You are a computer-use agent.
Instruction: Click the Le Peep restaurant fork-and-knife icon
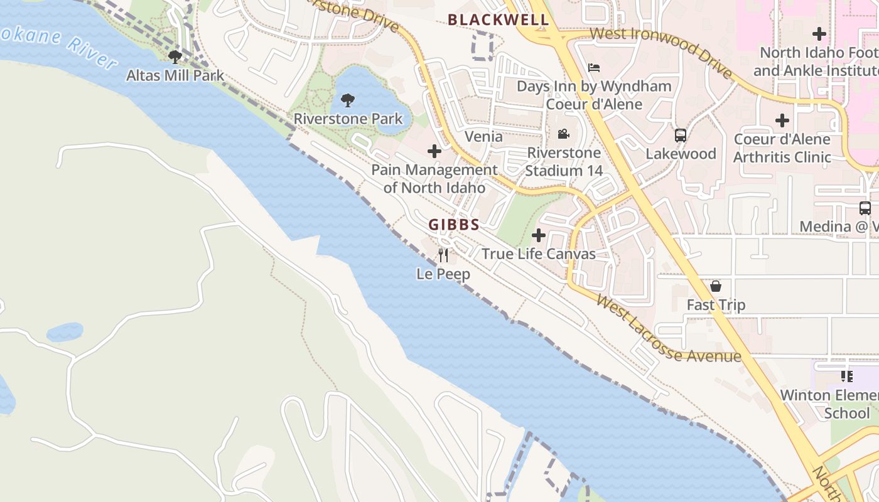[x=443, y=255]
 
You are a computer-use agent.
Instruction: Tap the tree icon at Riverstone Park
[x=347, y=100]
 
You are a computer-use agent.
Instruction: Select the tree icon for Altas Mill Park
[x=175, y=57]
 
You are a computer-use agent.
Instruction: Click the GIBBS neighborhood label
[x=454, y=225]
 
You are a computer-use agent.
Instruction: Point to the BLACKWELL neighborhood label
[x=499, y=20]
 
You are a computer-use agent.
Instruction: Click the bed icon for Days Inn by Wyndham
[x=593, y=67]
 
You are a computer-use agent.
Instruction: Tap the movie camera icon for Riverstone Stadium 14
[x=563, y=134]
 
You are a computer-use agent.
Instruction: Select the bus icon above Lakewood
[x=680, y=135]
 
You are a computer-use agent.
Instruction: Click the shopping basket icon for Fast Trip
[x=715, y=286]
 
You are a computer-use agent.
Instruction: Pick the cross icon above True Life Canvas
[x=538, y=235]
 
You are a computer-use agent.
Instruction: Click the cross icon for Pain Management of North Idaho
[x=434, y=151]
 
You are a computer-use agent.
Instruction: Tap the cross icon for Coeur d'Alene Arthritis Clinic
[x=782, y=120]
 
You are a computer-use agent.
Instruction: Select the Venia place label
[x=483, y=136]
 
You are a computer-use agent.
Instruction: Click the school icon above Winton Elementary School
[x=846, y=376]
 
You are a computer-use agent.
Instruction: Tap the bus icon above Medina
[x=865, y=208]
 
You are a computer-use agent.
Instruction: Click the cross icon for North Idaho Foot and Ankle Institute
[x=819, y=33]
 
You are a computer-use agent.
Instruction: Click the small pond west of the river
[x=64, y=331]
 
